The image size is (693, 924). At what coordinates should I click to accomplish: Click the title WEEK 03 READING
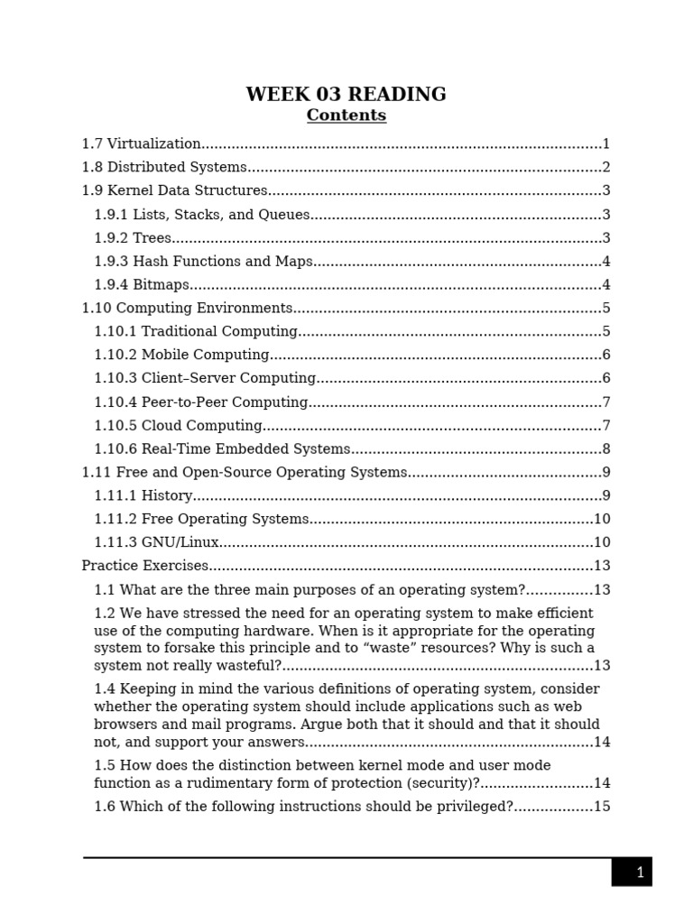(346, 95)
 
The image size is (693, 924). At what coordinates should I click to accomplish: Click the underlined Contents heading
(346, 115)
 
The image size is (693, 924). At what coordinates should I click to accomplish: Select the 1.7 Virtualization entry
(142, 143)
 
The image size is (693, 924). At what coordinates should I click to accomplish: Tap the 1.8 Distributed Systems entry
(164, 167)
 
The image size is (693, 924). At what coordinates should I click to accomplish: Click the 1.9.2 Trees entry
(133, 238)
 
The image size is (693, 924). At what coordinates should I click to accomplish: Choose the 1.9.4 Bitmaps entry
(142, 285)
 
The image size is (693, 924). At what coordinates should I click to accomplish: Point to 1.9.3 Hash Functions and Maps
(203, 262)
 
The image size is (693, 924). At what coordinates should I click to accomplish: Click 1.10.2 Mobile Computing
(181, 356)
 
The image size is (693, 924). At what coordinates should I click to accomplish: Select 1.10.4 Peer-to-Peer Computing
(201, 402)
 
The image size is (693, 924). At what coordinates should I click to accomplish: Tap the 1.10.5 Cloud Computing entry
(178, 426)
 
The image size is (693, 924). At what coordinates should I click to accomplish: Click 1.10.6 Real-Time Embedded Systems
(222, 449)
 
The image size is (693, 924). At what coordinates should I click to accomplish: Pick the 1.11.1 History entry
(143, 496)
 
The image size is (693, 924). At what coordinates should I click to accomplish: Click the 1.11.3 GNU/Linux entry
(156, 543)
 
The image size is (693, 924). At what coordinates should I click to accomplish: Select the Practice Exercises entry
(145, 566)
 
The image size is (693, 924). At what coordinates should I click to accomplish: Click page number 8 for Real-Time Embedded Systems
(606, 449)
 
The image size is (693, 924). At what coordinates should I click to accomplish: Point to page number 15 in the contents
(602, 807)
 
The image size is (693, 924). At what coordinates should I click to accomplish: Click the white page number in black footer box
(640, 873)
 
